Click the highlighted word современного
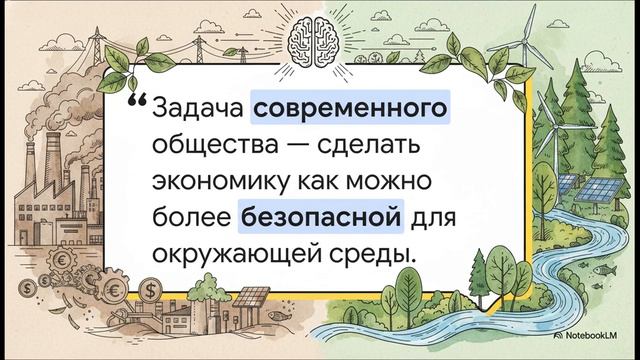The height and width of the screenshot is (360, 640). pos(346,104)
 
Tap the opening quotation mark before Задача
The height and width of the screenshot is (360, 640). pos(138,102)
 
